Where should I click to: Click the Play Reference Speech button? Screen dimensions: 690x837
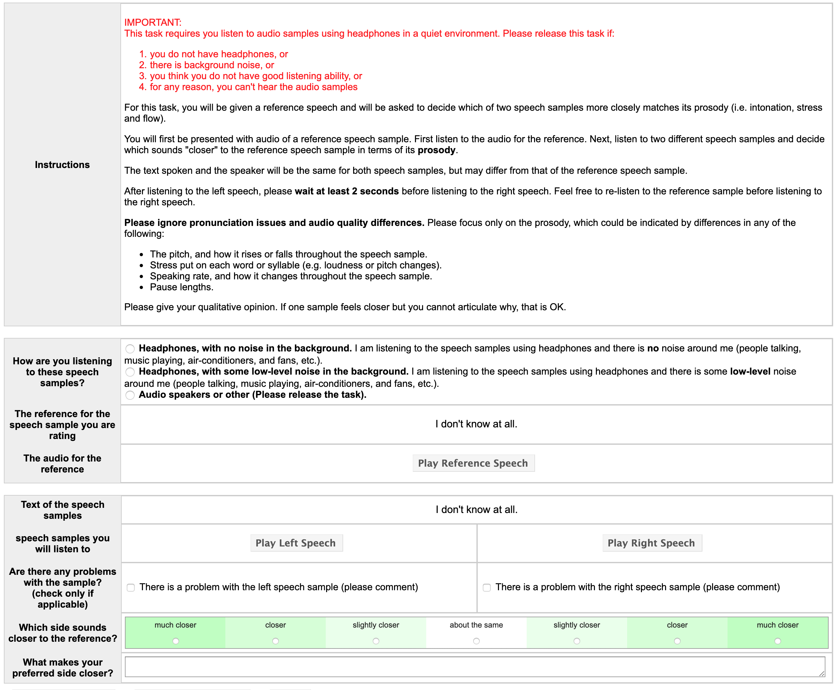[x=473, y=463]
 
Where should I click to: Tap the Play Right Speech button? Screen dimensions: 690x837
[x=651, y=543]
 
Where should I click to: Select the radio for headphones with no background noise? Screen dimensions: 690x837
[x=130, y=349]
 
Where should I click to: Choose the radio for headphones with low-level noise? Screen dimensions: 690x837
[x=130, y=372]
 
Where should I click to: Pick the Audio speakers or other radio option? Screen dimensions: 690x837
[x=130, y=395]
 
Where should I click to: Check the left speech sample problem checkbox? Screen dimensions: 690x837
[x=131, y=587]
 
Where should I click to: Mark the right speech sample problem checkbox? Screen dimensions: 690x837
[x=487, y=587]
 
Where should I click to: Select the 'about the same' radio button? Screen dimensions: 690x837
[x=476, y=641]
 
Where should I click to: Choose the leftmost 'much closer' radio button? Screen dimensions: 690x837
[x=176, y=641]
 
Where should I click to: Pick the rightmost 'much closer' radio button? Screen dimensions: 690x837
[x=777, y=641]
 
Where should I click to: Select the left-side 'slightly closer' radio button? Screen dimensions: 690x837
[x=376, y=641]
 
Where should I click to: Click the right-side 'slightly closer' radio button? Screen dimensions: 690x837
[x=577, y=641]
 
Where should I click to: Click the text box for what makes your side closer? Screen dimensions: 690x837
[x=475, y=667]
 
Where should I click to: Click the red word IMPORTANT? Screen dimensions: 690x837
[x=153, y=23]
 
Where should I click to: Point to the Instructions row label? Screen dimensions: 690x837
[x=62, y=164]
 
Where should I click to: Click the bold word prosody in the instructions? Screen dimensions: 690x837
[x=436, y=150]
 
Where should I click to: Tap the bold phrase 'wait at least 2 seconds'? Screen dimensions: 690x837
[x=346, y=191]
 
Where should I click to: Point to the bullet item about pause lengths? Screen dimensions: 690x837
[x=181, y=287]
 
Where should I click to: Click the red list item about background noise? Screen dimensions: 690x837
[x=212, y=65]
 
